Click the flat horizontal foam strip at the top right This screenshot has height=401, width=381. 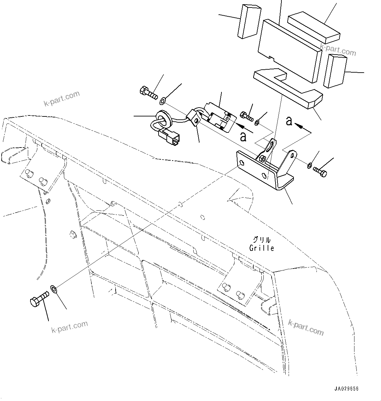tap(314, 28)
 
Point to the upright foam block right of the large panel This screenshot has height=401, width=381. tap(335, 71)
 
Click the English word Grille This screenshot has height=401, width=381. tap(261, 248)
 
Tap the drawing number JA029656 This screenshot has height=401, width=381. tap(346, 389)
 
